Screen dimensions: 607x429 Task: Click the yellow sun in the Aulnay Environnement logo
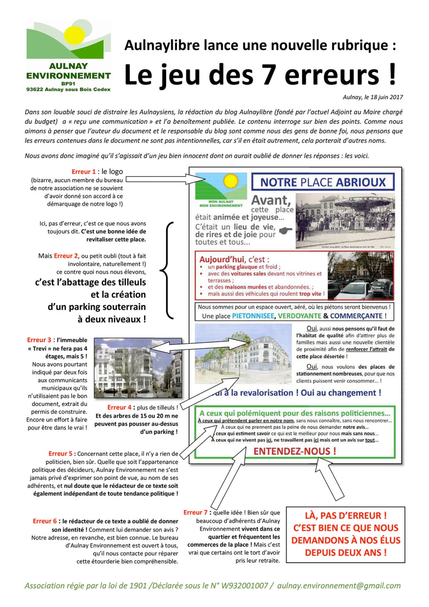(x=75, y=35)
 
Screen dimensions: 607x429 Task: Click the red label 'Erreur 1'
(x=83, y=172)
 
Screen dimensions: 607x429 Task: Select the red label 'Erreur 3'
(x=39, y=340)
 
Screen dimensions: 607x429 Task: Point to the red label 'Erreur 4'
(x=119, y=407)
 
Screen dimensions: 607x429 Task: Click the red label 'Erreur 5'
(x=60, y=454)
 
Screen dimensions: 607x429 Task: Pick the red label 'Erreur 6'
(x=44, y=521)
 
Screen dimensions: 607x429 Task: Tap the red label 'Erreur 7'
(x=195, y=512)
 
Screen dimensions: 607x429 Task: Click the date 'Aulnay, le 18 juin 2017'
(x=373, y=97)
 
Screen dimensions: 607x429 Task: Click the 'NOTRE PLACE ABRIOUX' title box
(x=323, y=182)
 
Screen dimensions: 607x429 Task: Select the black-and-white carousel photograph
(x=345, y=221)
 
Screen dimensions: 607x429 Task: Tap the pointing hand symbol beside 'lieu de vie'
(x=286, y=230)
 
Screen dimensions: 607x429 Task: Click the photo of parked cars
(x=360, y=276)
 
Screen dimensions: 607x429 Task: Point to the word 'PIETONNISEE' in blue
(x=253, y=316)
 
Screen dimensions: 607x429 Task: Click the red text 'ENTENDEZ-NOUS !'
(x=295, y=451)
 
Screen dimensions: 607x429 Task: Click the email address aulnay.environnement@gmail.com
(x=339, y=586)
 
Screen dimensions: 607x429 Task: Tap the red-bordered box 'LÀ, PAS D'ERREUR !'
(x=345, y=534)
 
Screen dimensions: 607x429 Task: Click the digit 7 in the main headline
(x=269, y=75)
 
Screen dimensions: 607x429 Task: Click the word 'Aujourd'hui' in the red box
(x=222, y=260)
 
